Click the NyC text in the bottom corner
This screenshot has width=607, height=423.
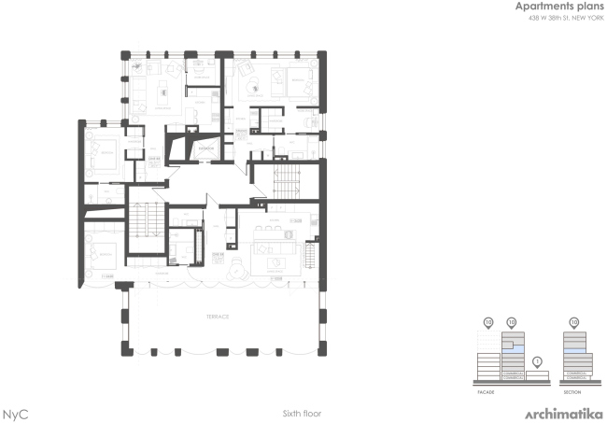coord(14,412)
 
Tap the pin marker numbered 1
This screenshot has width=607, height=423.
coord(537,362)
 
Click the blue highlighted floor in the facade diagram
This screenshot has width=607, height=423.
coord(511,344)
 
